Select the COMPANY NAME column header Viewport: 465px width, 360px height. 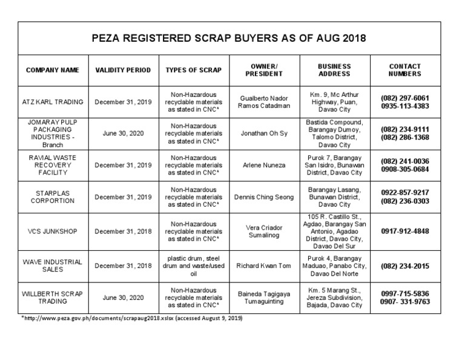coord(53,70)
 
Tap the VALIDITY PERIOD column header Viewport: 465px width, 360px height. coord(123,70)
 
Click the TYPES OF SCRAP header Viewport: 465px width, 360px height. coord(194,70)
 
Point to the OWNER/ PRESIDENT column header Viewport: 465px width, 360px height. coord(264,70)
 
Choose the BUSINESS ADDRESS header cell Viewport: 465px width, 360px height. coord(334,70)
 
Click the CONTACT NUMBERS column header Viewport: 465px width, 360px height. coord(405,70)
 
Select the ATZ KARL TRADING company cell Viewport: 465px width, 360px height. coord(53,101)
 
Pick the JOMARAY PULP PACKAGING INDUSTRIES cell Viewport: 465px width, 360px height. coord(53,133)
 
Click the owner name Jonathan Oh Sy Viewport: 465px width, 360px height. coord(264,133)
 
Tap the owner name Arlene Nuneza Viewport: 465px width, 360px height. coord(264,164)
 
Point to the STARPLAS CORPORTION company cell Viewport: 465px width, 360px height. coord(53,196)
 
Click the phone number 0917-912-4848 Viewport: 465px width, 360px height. coord(405,231)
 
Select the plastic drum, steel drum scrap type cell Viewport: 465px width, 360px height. coord(194,265)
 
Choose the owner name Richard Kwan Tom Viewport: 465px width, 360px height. coord(264,265)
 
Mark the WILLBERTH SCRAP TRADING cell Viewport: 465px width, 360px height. coord(53,297)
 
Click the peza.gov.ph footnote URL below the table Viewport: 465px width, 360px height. coord(124,318)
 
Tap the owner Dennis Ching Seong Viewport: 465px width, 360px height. coord(264,196)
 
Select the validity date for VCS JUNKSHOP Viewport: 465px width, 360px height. coord(123,231)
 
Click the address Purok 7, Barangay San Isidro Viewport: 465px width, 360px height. coord(334,164)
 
